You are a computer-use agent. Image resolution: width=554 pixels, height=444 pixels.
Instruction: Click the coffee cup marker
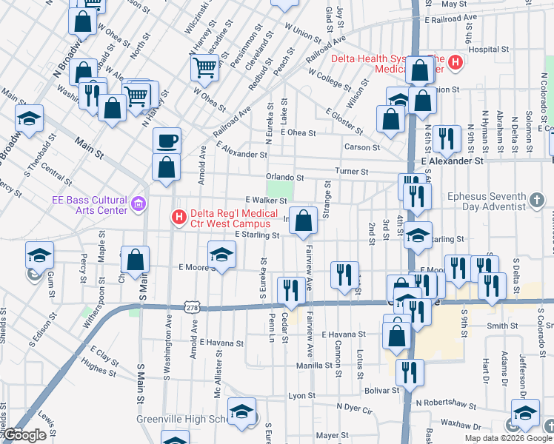[167, 140]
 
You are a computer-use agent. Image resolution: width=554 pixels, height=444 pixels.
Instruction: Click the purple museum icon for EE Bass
[138, 203]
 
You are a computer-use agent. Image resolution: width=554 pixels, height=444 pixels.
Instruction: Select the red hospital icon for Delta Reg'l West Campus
[178, 217]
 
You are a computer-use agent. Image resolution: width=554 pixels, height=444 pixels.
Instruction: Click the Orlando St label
[285, 178]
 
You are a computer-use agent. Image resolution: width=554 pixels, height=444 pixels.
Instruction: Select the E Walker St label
[265, 200]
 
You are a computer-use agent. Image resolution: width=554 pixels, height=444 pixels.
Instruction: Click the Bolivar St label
[382, 389]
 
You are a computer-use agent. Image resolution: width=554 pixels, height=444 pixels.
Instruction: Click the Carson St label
[361, 147]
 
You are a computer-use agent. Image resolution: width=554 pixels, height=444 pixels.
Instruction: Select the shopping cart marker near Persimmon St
[205, 68]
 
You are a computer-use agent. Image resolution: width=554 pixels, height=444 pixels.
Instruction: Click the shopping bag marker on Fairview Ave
[303, 220]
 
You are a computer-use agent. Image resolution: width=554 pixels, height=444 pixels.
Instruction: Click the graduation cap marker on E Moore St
[221, 255]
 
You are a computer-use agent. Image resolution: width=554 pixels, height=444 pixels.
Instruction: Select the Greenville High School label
[185, 419]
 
